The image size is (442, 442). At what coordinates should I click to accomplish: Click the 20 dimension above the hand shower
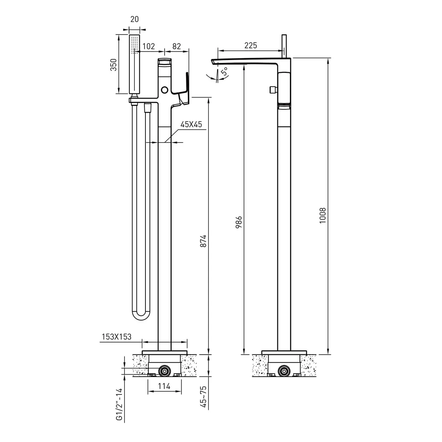click(x=134, y=19)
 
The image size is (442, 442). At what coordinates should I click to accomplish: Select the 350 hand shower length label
click(x=114, y=65)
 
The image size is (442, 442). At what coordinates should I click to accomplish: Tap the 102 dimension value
click(x=149, y=46)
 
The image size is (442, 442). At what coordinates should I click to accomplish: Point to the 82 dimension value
click(x=176, y=46)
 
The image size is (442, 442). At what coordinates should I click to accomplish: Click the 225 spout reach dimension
click(x=250, y=45)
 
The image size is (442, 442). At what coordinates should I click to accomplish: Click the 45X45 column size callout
click(x=191, y=124)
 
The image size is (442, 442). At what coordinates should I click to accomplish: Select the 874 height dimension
click(x=203, y=241)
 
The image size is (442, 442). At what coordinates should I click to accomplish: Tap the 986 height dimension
click(x=239, y=222)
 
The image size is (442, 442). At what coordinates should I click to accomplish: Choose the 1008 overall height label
click(x=323, y=215)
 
